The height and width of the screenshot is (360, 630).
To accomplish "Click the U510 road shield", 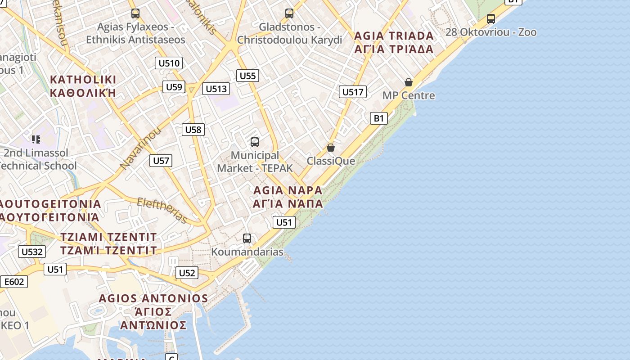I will click(169, 63).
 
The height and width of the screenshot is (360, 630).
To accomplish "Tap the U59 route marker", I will click(174, 87).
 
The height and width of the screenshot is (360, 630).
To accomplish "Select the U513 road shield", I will click(216, 89).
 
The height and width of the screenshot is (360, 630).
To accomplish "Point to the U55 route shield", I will click(247, 76).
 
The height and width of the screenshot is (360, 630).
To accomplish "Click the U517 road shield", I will click(352, 92).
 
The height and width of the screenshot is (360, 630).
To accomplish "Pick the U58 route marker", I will click(193, 130).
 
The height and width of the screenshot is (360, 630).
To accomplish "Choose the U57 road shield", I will click(161, 160).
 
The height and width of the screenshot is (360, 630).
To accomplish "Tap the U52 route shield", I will click(187, 272).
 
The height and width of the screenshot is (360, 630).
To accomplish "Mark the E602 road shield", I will click(14, 282).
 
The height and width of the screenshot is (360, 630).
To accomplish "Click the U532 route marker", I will click(32, 252).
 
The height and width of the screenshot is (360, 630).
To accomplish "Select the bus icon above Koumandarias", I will click(247, 238).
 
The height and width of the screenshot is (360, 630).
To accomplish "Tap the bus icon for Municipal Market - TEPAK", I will click(255, 142).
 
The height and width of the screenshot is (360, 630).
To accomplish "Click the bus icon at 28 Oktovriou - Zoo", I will click(491, 19).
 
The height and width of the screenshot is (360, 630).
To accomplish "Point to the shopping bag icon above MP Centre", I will click(409, 82).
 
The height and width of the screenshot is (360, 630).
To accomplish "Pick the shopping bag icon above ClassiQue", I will click(331, 148).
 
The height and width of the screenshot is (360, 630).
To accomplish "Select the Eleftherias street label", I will click(162, 211).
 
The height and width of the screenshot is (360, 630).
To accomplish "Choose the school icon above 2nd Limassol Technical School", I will click(36, 139).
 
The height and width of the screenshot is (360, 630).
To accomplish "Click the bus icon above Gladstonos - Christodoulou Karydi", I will click(289, 13).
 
